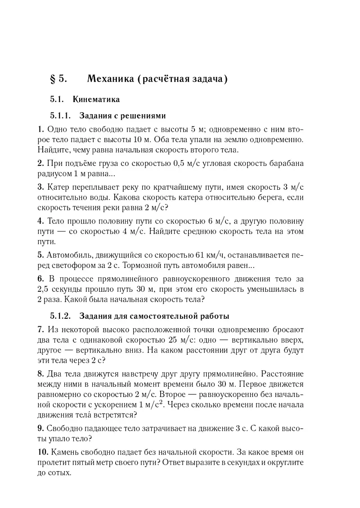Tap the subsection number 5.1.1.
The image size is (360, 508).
[61, 115]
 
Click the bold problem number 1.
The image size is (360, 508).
[40, 129]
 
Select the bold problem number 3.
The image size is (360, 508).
[40, 187]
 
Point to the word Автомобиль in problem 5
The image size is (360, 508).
[69, 255]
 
